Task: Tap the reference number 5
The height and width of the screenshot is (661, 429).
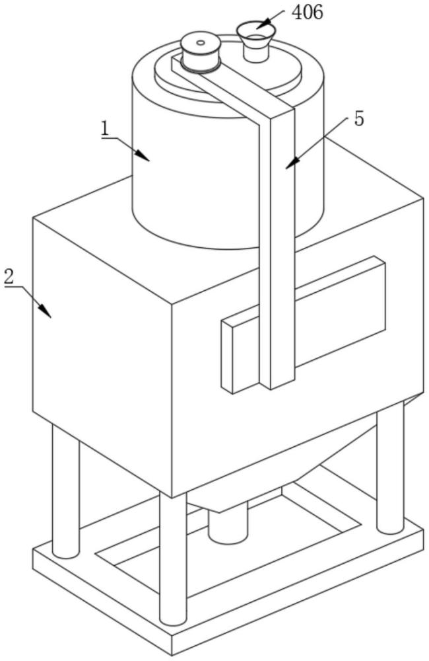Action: tap(358, 119)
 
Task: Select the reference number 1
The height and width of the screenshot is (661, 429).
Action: tap(105, 128)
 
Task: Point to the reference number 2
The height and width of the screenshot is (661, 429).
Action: tap(9, 277)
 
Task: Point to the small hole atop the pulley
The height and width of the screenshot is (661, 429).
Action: tap(201, 43)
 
